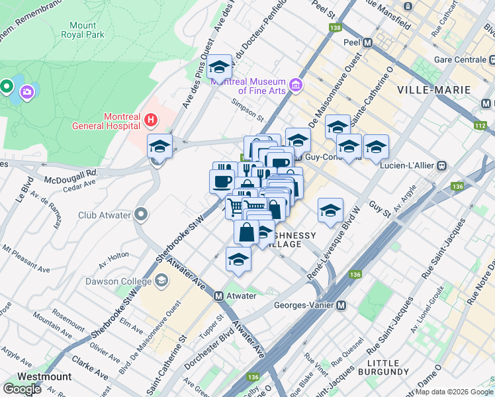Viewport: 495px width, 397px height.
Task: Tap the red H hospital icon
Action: pos(151,120)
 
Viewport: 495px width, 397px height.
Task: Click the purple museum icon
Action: pos(295,85)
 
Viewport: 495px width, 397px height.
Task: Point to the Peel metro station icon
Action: pos(368,42)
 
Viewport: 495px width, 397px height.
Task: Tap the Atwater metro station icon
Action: pos(219,296)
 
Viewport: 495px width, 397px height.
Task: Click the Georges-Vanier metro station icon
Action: pos(341,306)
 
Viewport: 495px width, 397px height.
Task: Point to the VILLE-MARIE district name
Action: pos(433,89)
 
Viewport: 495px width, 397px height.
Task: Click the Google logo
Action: pos(22,389)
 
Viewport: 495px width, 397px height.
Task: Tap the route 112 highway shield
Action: pos(480,124)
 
